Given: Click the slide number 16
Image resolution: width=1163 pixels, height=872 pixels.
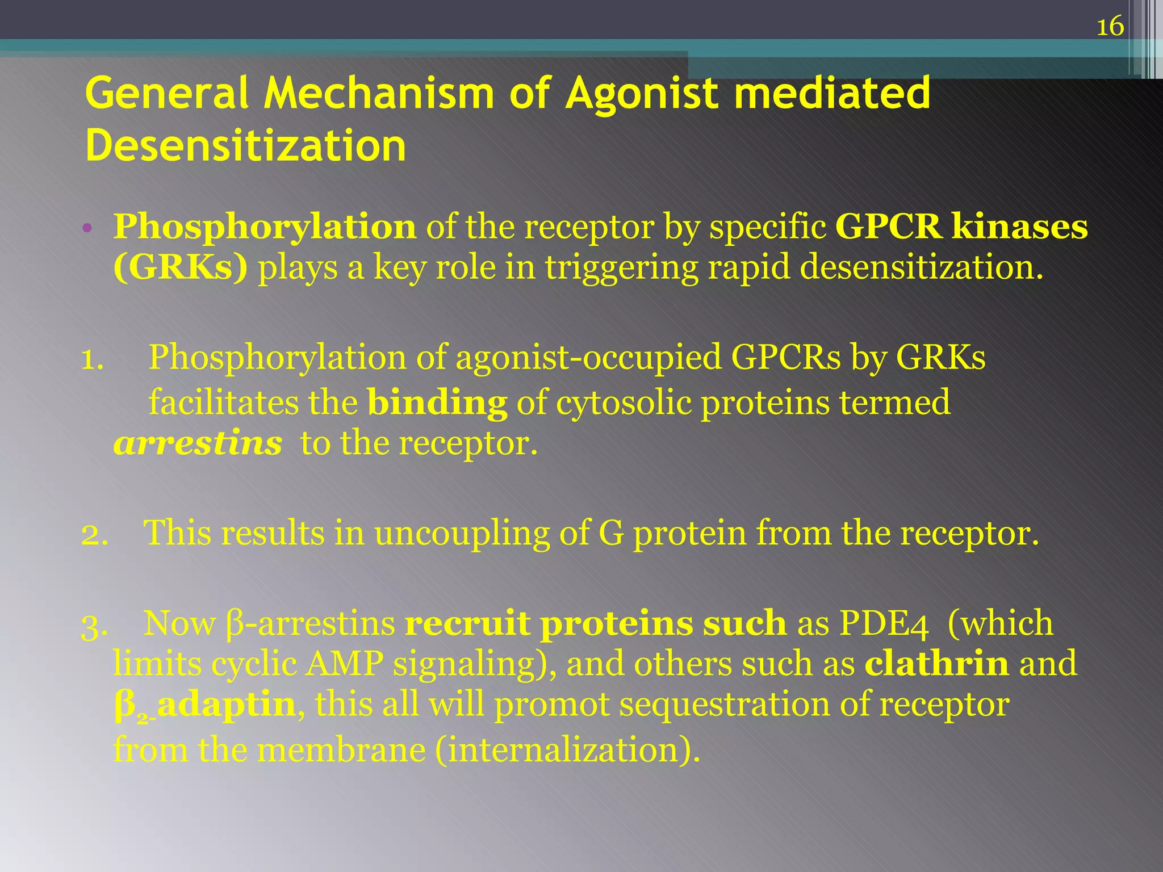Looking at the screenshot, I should click(x=1110, y=27).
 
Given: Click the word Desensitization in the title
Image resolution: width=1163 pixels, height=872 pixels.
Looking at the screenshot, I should click(x=245, y=146).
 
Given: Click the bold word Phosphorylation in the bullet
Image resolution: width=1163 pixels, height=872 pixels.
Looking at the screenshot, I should click(x=265, y=227).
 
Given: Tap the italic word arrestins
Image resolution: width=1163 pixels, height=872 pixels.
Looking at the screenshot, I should click(x=197, y=443).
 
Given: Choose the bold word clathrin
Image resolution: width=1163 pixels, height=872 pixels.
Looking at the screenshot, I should click(x=936, y=664).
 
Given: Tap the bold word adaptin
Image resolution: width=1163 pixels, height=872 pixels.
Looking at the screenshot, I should click(x=226, y=705).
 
